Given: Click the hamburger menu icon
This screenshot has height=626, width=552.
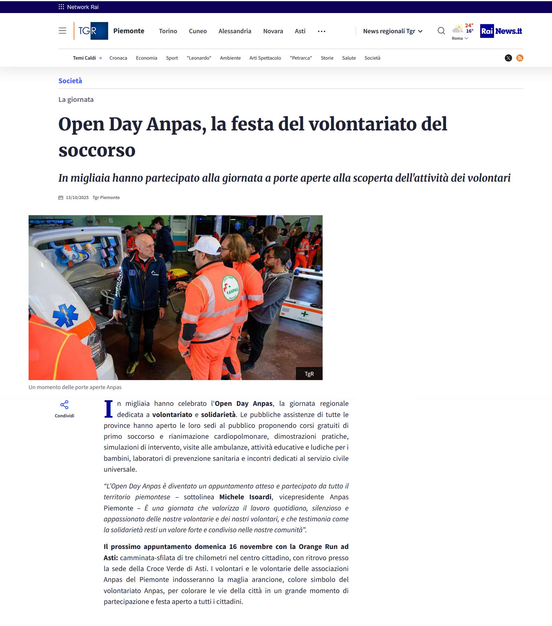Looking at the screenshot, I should [62, 31].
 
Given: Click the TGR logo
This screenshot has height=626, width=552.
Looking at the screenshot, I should [91, 31].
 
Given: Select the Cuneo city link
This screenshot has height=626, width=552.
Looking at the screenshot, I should [198, 31].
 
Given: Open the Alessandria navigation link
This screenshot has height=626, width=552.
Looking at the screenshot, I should [235, 31].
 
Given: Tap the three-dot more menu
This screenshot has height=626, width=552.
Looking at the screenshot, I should [321, 31].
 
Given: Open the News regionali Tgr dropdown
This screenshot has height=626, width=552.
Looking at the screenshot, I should [393, 31].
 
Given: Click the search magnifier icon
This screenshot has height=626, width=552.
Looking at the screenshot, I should [441, 31].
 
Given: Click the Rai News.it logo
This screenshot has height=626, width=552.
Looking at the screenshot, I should [501, 31].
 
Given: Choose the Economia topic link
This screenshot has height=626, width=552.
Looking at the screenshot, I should [146, 58].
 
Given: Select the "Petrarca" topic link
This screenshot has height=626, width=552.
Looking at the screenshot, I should [301, 58].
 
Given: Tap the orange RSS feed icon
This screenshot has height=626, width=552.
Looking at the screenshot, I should [520, 58].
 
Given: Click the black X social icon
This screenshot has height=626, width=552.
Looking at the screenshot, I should [508, 58].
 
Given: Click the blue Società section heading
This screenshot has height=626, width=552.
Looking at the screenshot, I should [70, 81].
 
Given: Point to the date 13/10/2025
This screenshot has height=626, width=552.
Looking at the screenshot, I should [77, 197].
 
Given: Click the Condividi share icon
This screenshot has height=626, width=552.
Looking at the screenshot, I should [64, 405].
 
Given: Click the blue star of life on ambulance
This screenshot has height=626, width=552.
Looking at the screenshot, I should [66, 315].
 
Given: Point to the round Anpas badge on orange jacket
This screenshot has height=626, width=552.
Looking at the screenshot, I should [230, 288].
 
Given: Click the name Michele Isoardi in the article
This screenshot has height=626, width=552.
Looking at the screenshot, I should [245, 497].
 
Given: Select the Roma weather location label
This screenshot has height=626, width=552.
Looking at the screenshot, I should [457, 39].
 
